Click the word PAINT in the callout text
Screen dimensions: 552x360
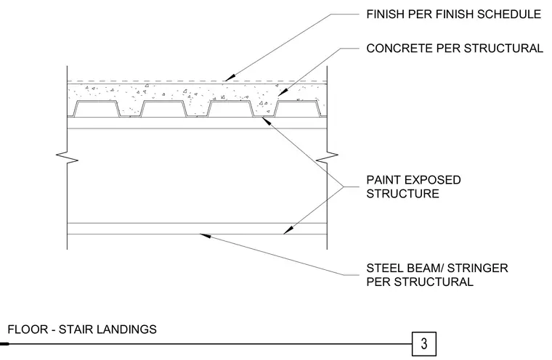(x=382, y=180)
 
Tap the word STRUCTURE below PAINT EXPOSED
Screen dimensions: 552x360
(x=402, y=194)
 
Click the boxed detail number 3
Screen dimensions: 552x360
(x=424, y=343)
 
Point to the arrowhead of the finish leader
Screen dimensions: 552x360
(x=230, y=78)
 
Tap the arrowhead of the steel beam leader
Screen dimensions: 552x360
(x=206, y=235)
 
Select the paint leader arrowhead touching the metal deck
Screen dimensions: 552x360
(x=266, y=120)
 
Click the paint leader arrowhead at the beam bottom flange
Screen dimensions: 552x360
(x=288, y=230)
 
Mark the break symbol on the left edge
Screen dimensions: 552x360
(x=68, y=158)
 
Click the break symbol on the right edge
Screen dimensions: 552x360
(x=327, y=158)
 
